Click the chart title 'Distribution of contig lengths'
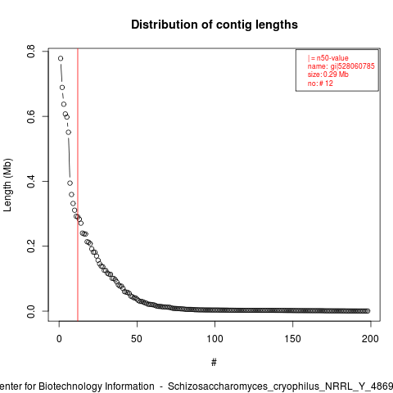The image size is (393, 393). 215,25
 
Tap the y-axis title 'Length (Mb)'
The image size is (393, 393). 7,185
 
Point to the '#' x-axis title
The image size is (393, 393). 214,363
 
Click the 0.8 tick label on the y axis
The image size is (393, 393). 31,52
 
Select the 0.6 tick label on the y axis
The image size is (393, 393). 31,116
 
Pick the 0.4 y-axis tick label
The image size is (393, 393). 31,181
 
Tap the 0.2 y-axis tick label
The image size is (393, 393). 31,246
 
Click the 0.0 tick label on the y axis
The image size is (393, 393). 31,311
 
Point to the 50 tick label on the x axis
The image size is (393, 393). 137,339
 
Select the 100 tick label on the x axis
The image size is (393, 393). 215,339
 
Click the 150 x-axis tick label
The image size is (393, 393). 292,339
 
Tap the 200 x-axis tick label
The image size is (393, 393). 370,339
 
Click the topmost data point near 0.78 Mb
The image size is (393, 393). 61,58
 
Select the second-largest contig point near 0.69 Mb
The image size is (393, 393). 62,88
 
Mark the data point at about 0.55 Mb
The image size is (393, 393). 69,133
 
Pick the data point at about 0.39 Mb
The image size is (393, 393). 70,183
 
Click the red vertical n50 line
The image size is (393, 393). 78,185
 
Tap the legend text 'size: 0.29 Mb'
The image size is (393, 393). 328,75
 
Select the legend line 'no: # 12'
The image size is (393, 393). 320,83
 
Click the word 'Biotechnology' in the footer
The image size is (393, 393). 70,386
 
